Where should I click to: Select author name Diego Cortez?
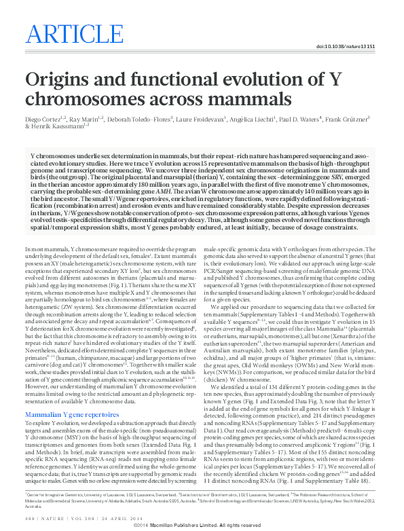[x=42, y=119]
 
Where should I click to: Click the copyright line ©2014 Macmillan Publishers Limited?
[x=202, y=525]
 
